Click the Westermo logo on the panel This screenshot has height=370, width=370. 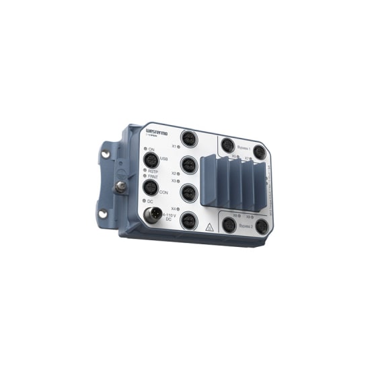159,131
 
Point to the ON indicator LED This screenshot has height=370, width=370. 143,149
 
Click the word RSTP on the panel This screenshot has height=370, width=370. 153,172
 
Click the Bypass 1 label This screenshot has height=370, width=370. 244,148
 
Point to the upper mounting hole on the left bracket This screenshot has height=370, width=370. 105,154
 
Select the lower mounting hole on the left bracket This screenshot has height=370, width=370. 103,214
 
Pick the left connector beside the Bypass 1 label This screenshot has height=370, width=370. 227,145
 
